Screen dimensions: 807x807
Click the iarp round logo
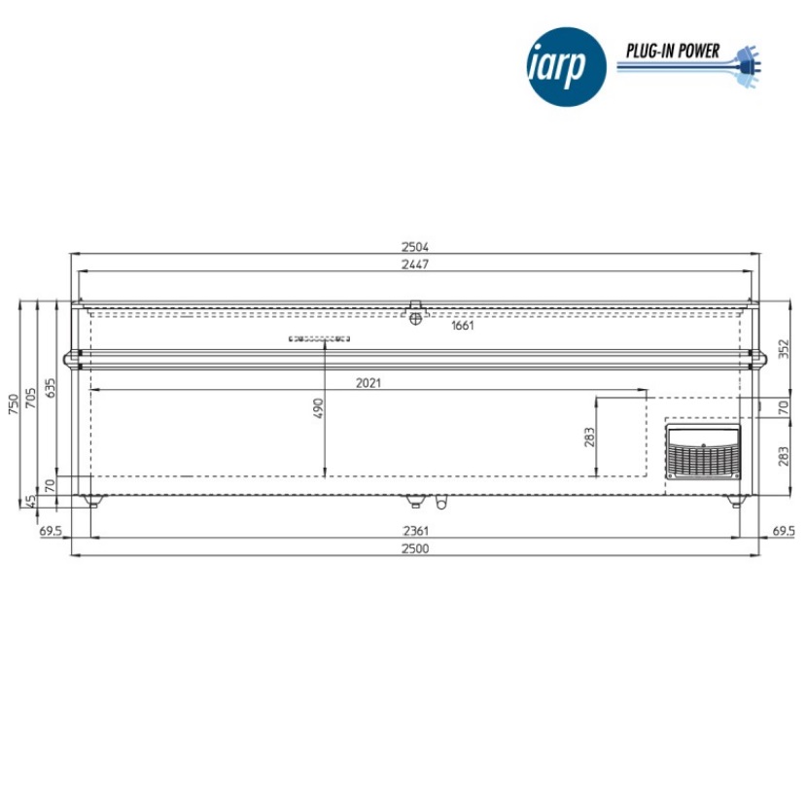[567, 67]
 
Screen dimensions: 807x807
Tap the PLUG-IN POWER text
[673, 51]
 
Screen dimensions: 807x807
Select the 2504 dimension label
[415, 247]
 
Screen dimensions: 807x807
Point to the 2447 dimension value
[415, 264]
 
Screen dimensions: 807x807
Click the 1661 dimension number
[462, 326]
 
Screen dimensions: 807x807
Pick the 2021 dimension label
[368, 383]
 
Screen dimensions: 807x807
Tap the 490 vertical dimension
[319, 408]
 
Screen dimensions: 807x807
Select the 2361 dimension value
[415, 531]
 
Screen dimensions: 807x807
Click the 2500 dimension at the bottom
[415, 548]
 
